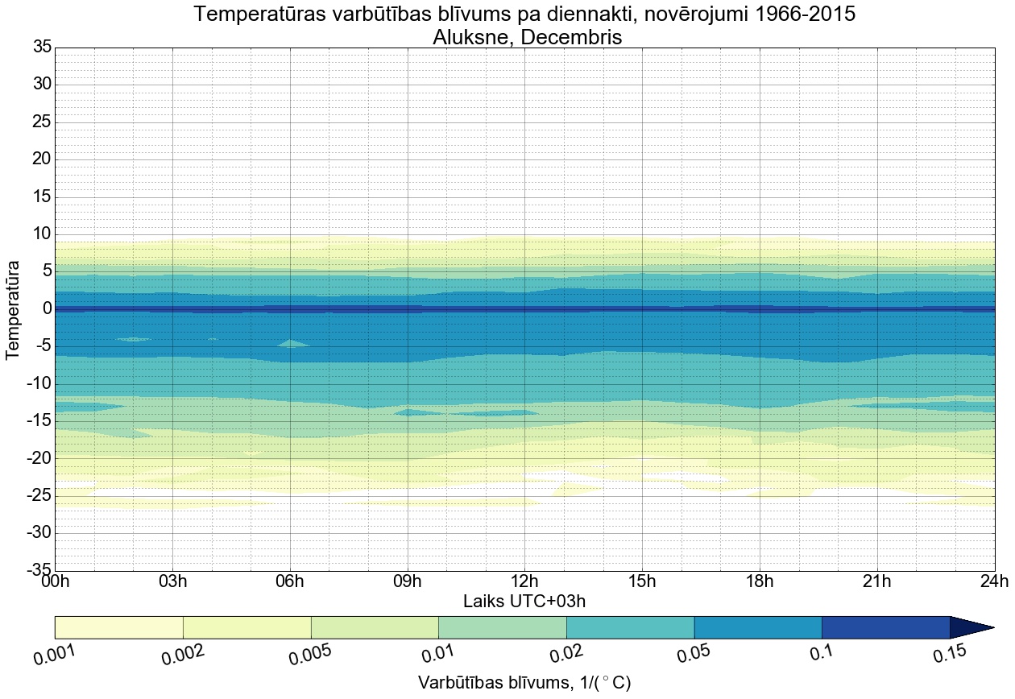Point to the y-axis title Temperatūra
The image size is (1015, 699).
tap(13, 309)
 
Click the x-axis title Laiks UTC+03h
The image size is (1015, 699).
tap(524, 601)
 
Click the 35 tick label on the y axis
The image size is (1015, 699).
tap(41, 48)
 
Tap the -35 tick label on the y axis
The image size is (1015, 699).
tap(38, 570)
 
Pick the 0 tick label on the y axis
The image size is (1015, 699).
tap(47, 309)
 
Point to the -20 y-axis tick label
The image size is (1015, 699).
tap(38, 458)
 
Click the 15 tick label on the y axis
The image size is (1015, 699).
tap(41, 197)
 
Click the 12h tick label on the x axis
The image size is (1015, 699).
tap(524, 581)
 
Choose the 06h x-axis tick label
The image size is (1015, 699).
tap(289, 581)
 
